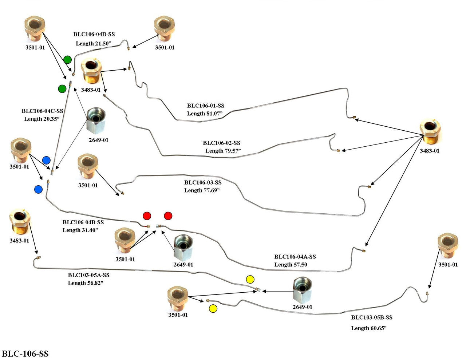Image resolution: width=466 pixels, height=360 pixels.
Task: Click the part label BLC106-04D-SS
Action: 94,34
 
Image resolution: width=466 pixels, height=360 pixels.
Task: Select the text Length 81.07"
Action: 205,114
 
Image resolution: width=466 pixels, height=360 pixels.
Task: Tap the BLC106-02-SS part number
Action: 221,143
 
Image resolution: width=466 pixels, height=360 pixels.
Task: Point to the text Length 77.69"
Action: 202,190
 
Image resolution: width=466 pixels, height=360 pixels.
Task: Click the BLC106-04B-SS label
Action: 83,222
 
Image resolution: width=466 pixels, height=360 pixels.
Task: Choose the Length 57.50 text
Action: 291,265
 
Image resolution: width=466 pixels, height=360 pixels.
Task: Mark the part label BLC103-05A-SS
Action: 88,275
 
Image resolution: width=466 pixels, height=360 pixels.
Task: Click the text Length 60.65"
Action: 368,328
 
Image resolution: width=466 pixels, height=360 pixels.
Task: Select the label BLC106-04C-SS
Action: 42,111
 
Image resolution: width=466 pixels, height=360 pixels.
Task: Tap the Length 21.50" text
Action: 93,43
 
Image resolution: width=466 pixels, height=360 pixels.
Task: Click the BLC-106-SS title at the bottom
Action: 25,354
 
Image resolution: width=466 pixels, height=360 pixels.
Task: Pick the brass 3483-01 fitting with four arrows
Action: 430,131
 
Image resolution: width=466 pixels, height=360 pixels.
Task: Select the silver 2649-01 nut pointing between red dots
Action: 183,247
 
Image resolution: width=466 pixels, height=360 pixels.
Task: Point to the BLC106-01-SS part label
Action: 206,106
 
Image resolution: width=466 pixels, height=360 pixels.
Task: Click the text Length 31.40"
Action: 80,230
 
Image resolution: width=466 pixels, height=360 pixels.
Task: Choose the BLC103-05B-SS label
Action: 372,317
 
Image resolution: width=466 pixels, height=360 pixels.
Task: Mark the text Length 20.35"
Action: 42,119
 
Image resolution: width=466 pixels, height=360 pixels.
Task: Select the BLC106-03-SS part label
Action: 203,182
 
